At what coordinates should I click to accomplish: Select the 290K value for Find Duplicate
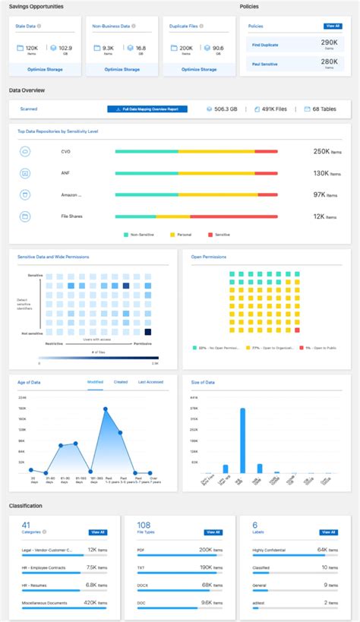coord(329,44)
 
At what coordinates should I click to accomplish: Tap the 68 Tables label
coord(326,109)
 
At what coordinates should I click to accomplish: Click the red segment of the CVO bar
coord(266,151)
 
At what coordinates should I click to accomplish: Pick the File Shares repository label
coord(71,216)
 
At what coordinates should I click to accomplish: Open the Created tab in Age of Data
coord(121,382)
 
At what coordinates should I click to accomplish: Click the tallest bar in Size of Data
coord(242,440)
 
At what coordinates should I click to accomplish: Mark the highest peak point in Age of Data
coord(106,409)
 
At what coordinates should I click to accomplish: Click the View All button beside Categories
coord(98,532)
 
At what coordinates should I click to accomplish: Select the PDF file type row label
coord(142,549)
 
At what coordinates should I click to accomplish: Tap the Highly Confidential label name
coord(269,549)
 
